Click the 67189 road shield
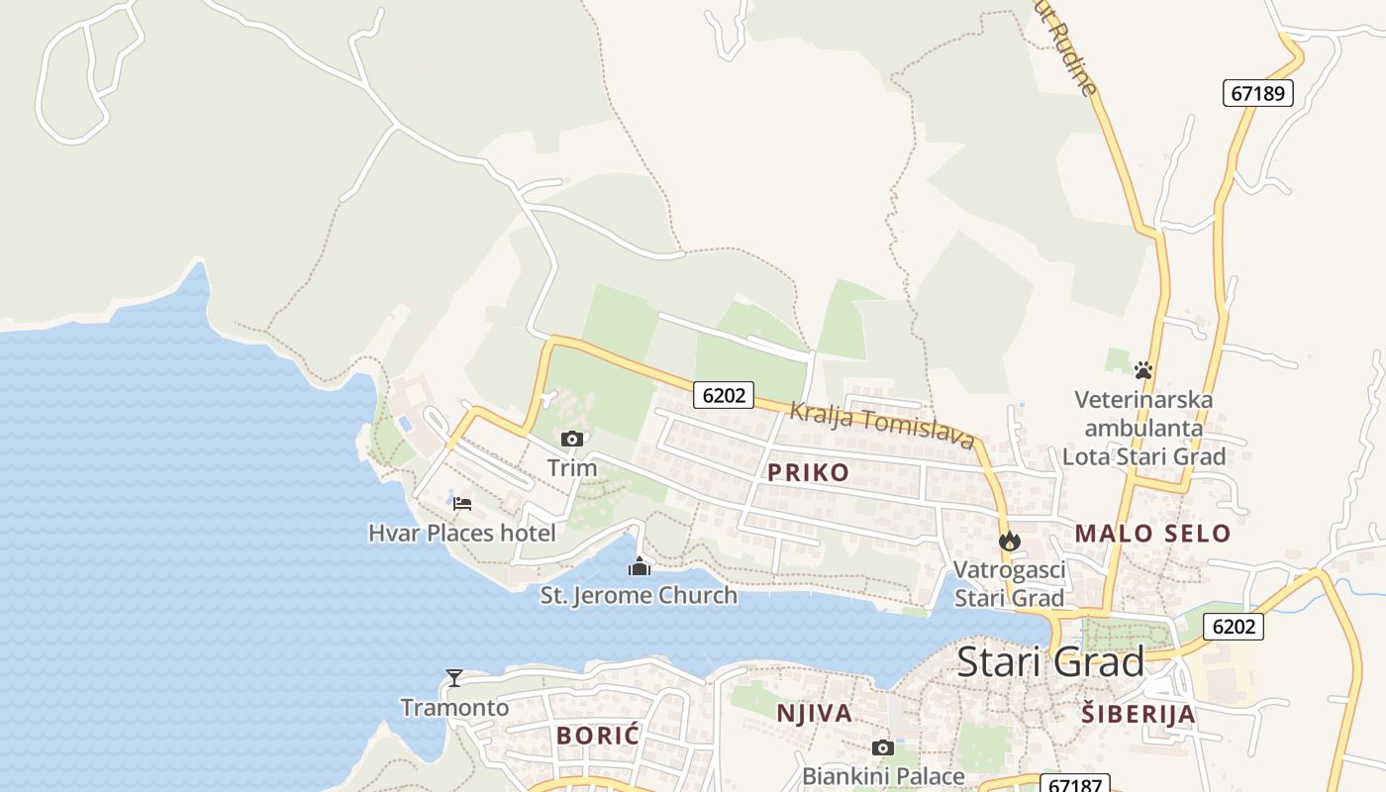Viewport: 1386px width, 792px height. [x=1257, y=93]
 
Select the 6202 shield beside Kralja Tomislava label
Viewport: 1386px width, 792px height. [x=723, y=395]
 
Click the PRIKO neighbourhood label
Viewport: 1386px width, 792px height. [x=809, y=472]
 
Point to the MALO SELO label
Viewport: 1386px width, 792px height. [x=1152, y=534]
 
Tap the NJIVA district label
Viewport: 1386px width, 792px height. [x=814, y=714]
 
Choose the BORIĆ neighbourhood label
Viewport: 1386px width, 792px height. [x=598, y=736]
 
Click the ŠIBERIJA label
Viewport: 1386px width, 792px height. [x=1138, y=714]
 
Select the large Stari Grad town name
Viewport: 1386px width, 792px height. [x=1050, y=661]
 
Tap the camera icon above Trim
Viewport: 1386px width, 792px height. [x=572, y=439]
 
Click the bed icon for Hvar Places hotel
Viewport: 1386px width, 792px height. [x=462, y=503]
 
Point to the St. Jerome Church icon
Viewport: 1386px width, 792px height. [x=640, y=567]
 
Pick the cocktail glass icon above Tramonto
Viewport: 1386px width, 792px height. [x=454, y=678]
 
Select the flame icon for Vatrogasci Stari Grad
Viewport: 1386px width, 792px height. [x=1009, y=541]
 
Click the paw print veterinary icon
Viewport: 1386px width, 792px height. [x=1143, y=371]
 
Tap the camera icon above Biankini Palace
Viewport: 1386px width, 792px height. [x=882, y=747]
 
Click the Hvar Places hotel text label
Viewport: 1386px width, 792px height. [x=461, y=533]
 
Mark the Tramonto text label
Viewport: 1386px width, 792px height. [x=454, y=707]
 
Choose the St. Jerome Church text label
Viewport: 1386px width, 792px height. [x=639, y=595]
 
